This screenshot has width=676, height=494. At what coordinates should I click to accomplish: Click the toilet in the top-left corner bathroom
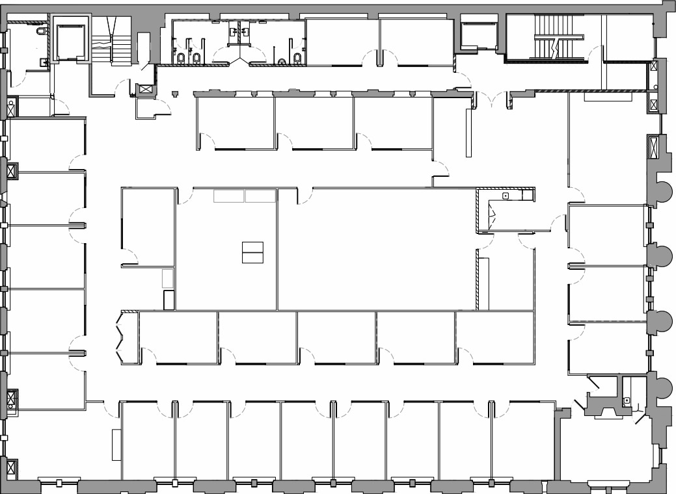pyautogui.click(x=42, y=31)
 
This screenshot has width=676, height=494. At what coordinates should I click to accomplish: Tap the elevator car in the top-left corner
pyautogui.click(x=70, y=42)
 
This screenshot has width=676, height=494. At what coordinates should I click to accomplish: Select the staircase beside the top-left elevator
pyautogui.click(x=111, y=42)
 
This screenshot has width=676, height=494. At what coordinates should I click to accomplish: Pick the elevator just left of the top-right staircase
pyautogui.click(x=479, y=36)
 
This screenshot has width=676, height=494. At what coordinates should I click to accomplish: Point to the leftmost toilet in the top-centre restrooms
pyautogui.click(x=181, y=58)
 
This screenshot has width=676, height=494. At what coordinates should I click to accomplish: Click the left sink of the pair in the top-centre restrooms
pyautogui.click(x=234, y=31)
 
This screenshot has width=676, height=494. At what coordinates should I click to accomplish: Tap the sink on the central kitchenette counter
pyautogui.click(x=505, y=195)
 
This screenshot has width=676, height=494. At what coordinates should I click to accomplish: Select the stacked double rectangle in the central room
pyautogui.click(x=252, y=252)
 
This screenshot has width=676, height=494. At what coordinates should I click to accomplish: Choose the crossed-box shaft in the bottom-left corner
pyautogui.click(x=11, y=467)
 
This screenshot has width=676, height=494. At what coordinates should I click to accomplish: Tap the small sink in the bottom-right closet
pyautogui.click(x=626, y=400)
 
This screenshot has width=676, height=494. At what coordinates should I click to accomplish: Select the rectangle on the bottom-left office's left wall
pyautogui.click(x=116, y=445)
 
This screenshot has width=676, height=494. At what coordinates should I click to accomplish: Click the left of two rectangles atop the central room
pyautogui.click(x=229, y=196)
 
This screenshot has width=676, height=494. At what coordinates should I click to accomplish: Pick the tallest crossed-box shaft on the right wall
pyautogui.click(x=653, y=146)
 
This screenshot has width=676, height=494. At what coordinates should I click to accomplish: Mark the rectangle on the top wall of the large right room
pyautogui.click(x=608, y=97)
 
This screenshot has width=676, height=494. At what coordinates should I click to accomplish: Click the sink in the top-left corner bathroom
pyautogui.click(x=43, y=62)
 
